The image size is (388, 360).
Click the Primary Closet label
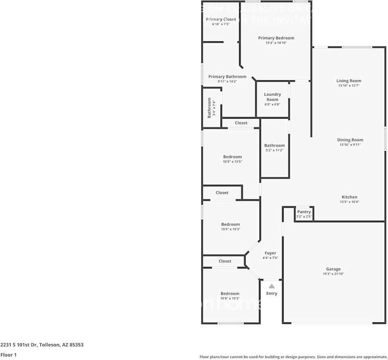221,19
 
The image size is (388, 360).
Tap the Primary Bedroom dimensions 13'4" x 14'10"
276,43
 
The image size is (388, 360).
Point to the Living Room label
348,81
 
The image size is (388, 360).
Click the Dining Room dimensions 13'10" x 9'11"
350,145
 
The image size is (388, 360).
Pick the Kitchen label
349,197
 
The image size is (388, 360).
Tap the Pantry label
304,212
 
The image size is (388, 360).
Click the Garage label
333,269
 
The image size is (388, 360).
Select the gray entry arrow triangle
271,286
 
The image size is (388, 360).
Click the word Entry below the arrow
271,293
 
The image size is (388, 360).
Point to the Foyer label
270,253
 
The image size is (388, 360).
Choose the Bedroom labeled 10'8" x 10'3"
230,294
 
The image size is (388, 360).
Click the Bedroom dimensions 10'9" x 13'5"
232,162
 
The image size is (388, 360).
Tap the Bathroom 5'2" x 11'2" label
274,145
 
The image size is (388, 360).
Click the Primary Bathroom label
227,77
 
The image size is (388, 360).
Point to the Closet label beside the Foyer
225,261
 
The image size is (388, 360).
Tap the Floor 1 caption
9,355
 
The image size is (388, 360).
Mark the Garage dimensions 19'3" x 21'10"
333,274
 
